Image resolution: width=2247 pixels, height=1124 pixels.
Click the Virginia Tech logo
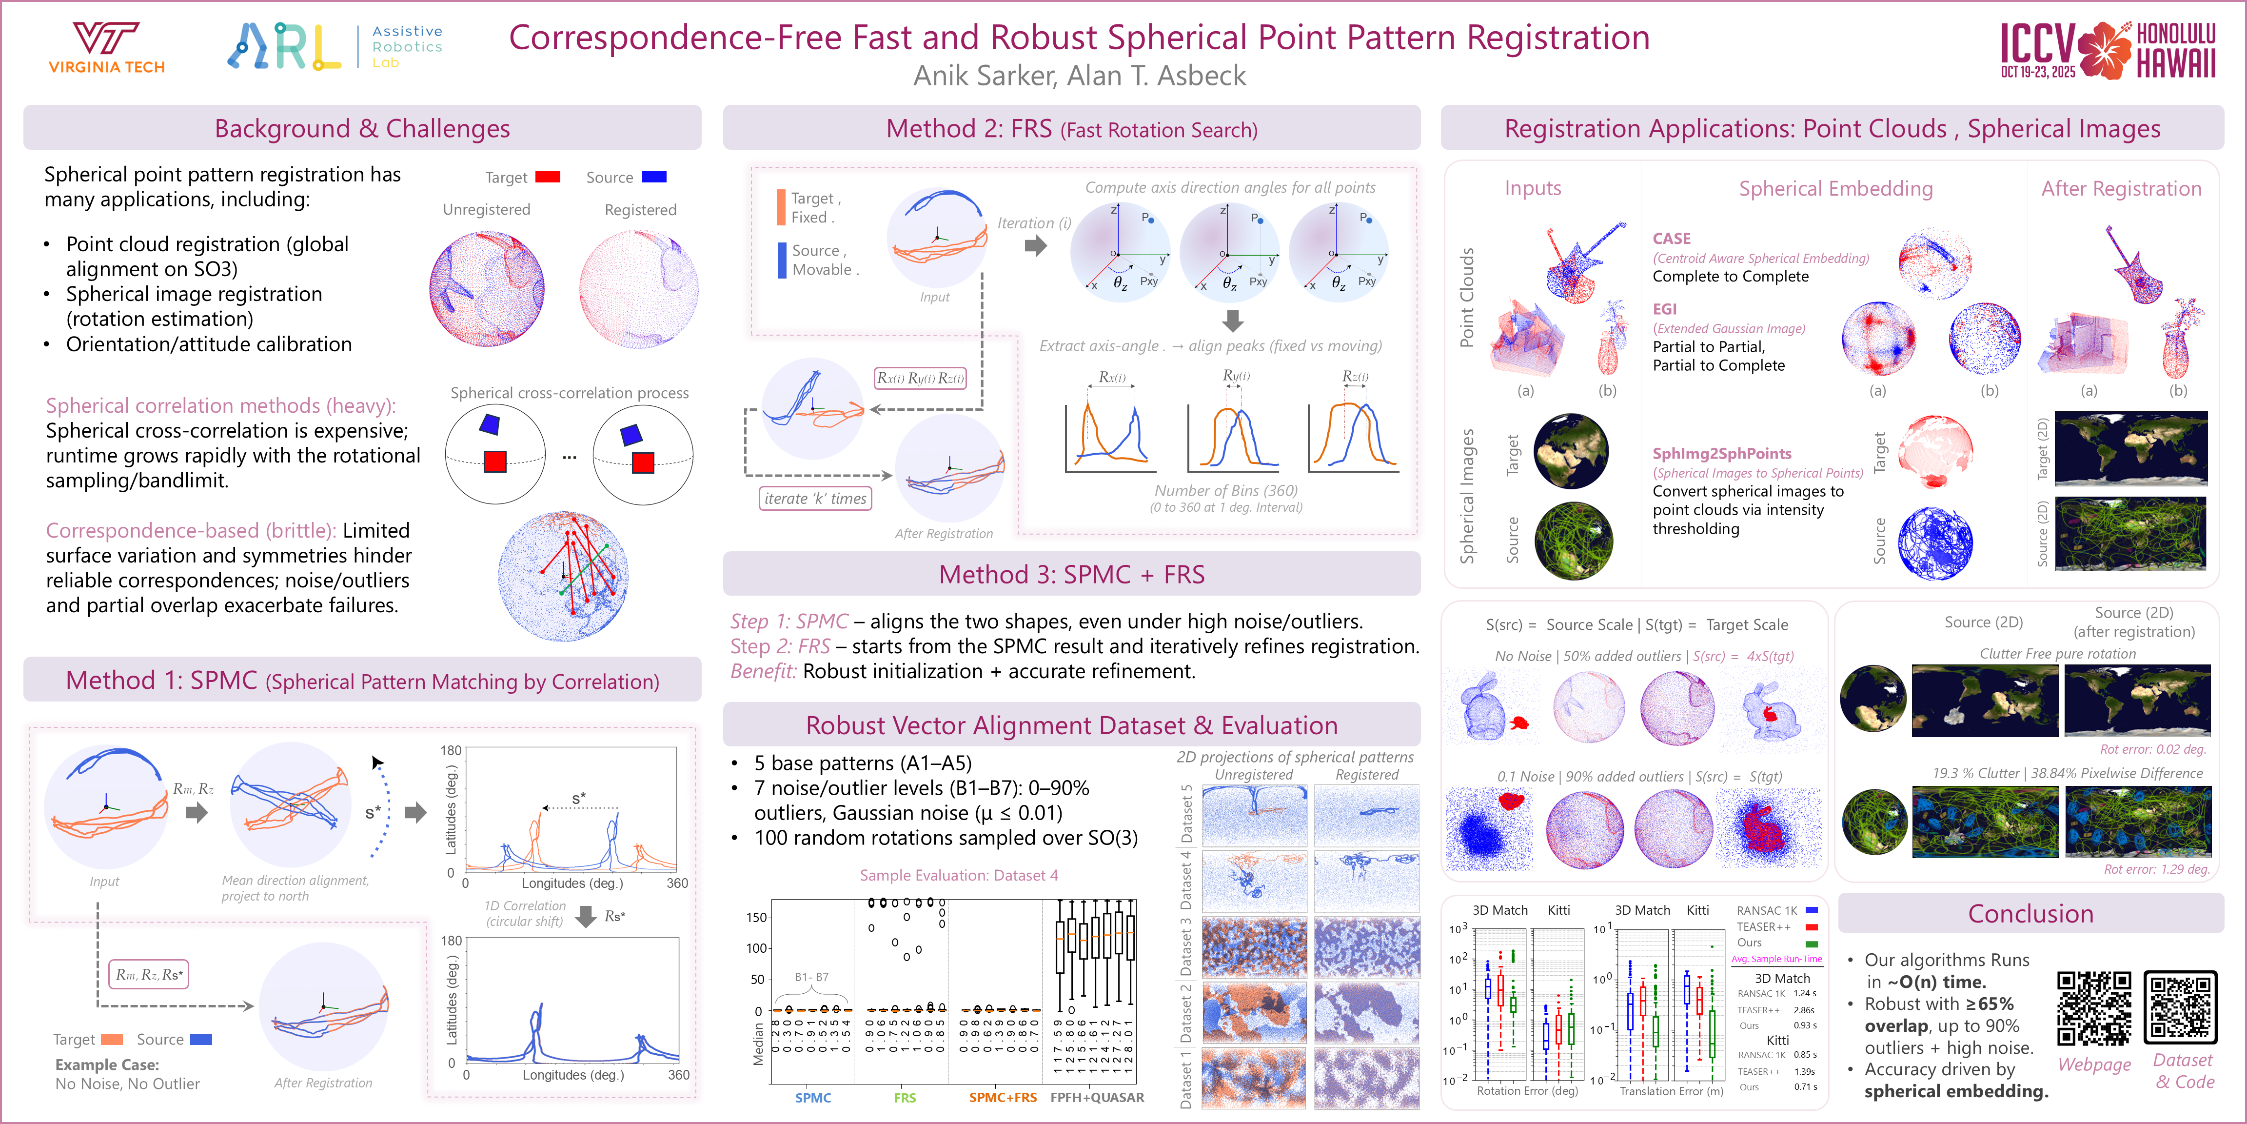point(106,48)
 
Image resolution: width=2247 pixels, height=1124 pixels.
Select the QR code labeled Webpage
point(2093,1008)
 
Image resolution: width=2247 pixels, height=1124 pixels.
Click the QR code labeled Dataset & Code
point(2180,1008)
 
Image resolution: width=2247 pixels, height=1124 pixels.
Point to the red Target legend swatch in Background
point(547,177)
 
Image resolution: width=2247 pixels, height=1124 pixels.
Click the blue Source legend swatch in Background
point(654,177)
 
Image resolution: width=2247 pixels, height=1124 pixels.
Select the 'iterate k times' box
point(815,498)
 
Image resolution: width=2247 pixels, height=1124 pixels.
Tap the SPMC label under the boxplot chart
point(813,1098)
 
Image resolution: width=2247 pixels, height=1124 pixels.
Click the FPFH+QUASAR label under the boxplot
point(1097,1098)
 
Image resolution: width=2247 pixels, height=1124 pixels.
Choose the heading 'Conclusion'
point(2030,914)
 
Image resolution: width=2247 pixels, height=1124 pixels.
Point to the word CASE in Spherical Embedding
point(1671,238)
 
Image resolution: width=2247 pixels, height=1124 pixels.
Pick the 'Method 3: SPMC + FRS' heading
point(1071,574)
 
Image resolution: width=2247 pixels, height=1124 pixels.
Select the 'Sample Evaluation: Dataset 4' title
point(959,875)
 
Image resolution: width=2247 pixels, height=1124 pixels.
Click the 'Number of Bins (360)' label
point(1225,490)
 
